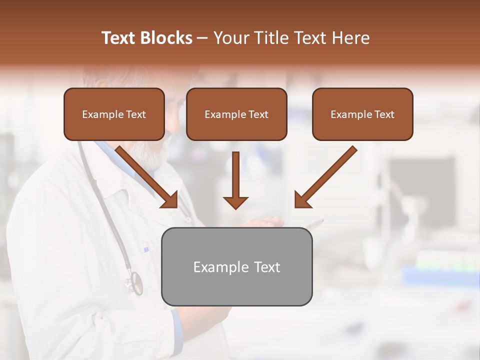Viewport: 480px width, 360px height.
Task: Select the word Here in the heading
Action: click(x=351, y=38)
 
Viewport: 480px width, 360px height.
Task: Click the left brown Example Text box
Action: click(x=114, y=114)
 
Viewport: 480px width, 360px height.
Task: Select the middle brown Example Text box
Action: click(x=236, y=114)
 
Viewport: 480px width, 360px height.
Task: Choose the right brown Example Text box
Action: click(x=362, y=114)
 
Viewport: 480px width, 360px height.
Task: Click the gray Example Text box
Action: click(x=236, y=266)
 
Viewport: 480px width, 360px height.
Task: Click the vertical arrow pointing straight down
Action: click(x=235, y=175)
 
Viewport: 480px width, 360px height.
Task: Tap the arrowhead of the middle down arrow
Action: click(x=235, y=202)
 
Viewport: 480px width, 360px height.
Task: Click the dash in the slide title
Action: click(x=202, y=38)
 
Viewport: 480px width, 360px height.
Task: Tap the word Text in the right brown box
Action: click(x=384, y=114)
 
